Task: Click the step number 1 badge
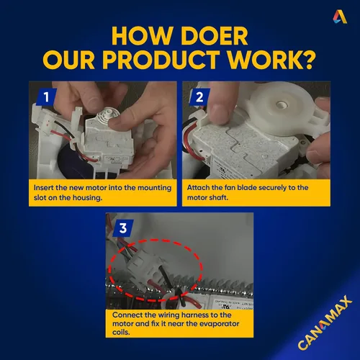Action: click(47, 97)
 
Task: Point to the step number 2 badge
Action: click(199, 97)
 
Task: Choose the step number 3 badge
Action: click(123, 228)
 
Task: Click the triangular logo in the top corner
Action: click(340, 17)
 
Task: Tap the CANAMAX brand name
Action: click(325, 323)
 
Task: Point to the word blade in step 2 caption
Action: click(247, 188)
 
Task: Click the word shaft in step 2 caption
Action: click(220, 198)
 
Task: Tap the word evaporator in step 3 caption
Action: click(220, 324)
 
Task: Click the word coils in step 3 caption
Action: click(121, 333)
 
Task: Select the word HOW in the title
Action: click(141, 36)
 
